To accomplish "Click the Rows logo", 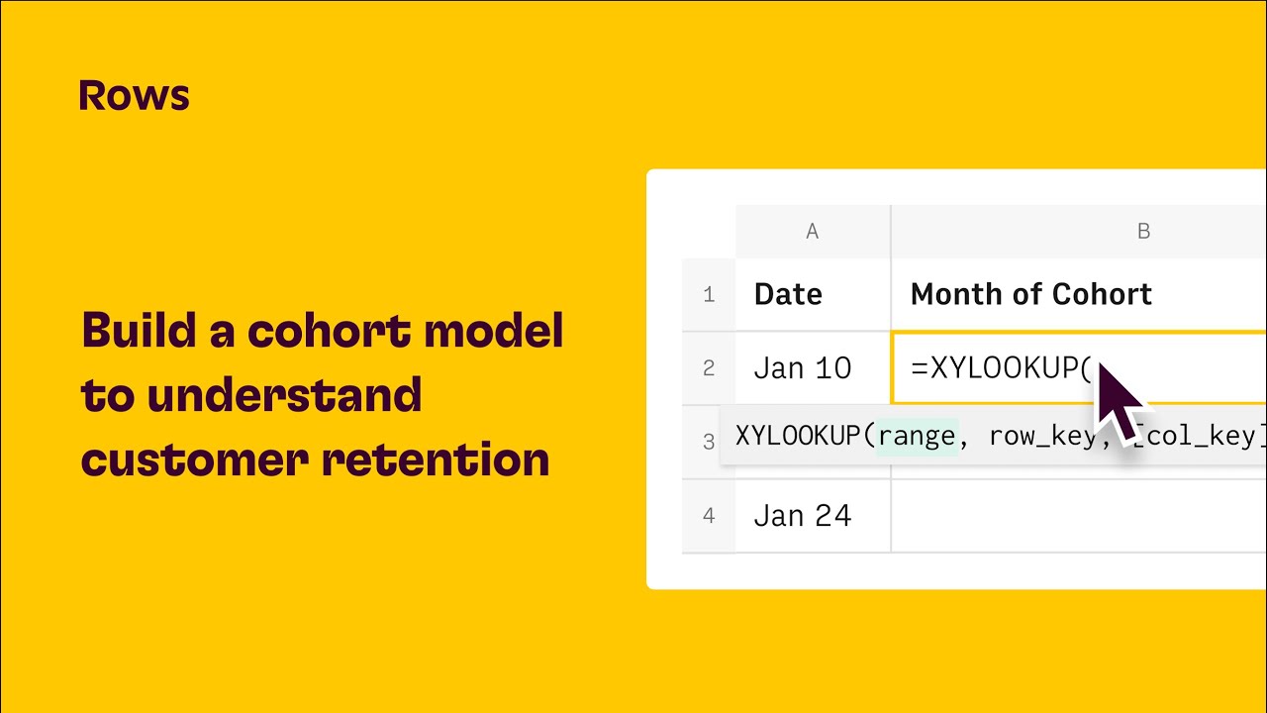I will point(134,96).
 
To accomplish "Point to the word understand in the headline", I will point(284,396).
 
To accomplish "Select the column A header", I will point(812,232).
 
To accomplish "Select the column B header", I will point(1143,232).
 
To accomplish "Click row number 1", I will point(709,294).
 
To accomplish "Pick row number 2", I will point(709,368).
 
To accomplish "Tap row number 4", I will point(709,516).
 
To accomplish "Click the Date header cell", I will point(788,294).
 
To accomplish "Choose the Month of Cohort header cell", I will point(1030,294).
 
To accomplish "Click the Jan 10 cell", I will point(802,368).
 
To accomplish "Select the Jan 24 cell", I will point(802,516).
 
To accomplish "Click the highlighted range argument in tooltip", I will point(917,436).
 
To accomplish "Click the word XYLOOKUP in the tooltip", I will point(800,436).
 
